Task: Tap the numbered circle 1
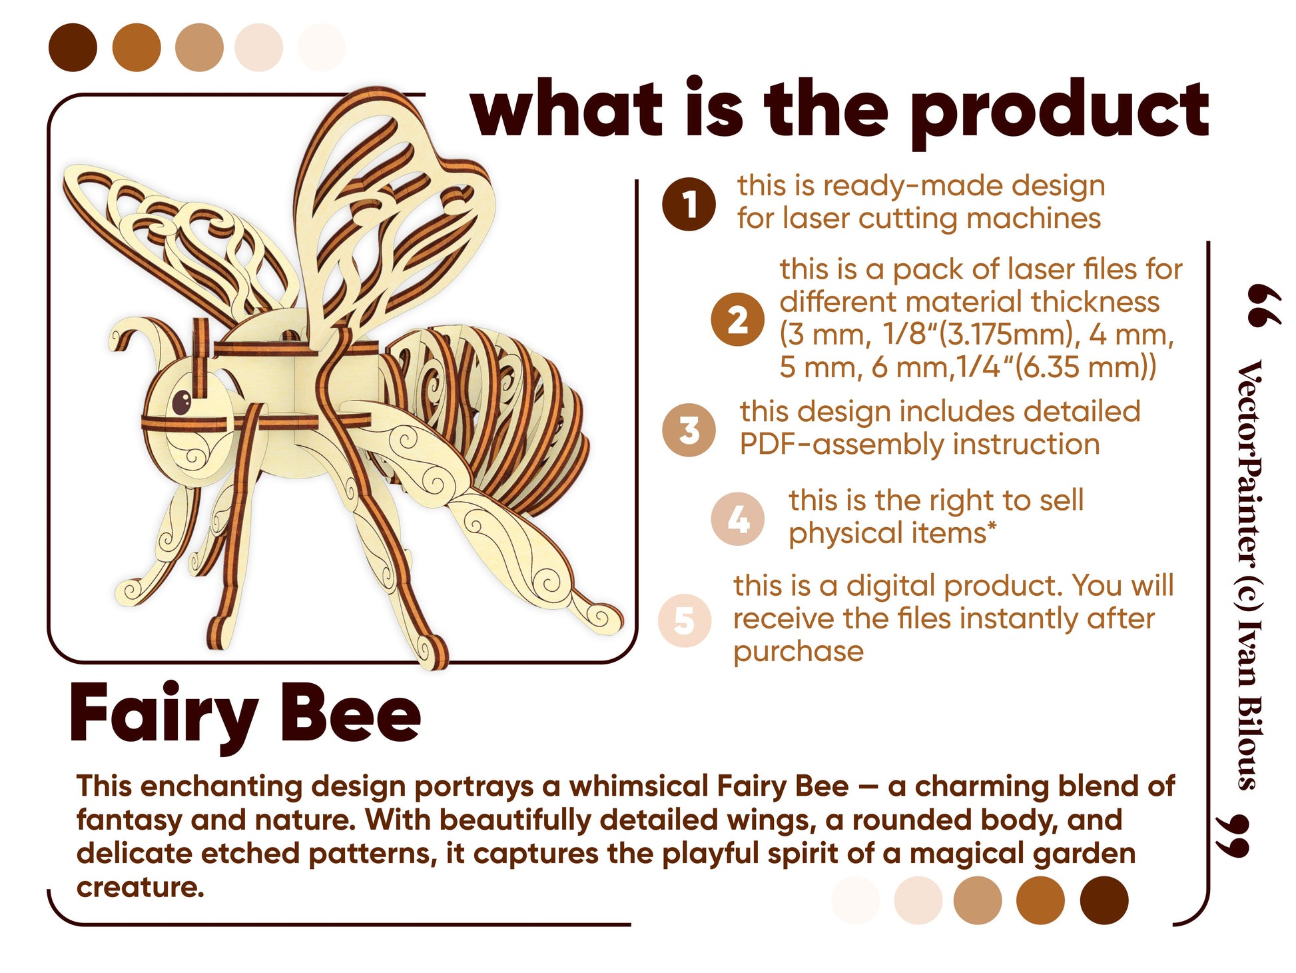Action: coord(689,204)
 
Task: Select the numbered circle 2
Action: coord(737,319)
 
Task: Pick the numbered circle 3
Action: coord(689,430)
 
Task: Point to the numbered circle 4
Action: coord(737,518)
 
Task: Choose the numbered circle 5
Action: coord(685,620)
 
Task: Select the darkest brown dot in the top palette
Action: coord(73,47)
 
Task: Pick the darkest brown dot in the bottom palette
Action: coord(1104,900)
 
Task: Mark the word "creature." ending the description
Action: coord(140,887)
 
